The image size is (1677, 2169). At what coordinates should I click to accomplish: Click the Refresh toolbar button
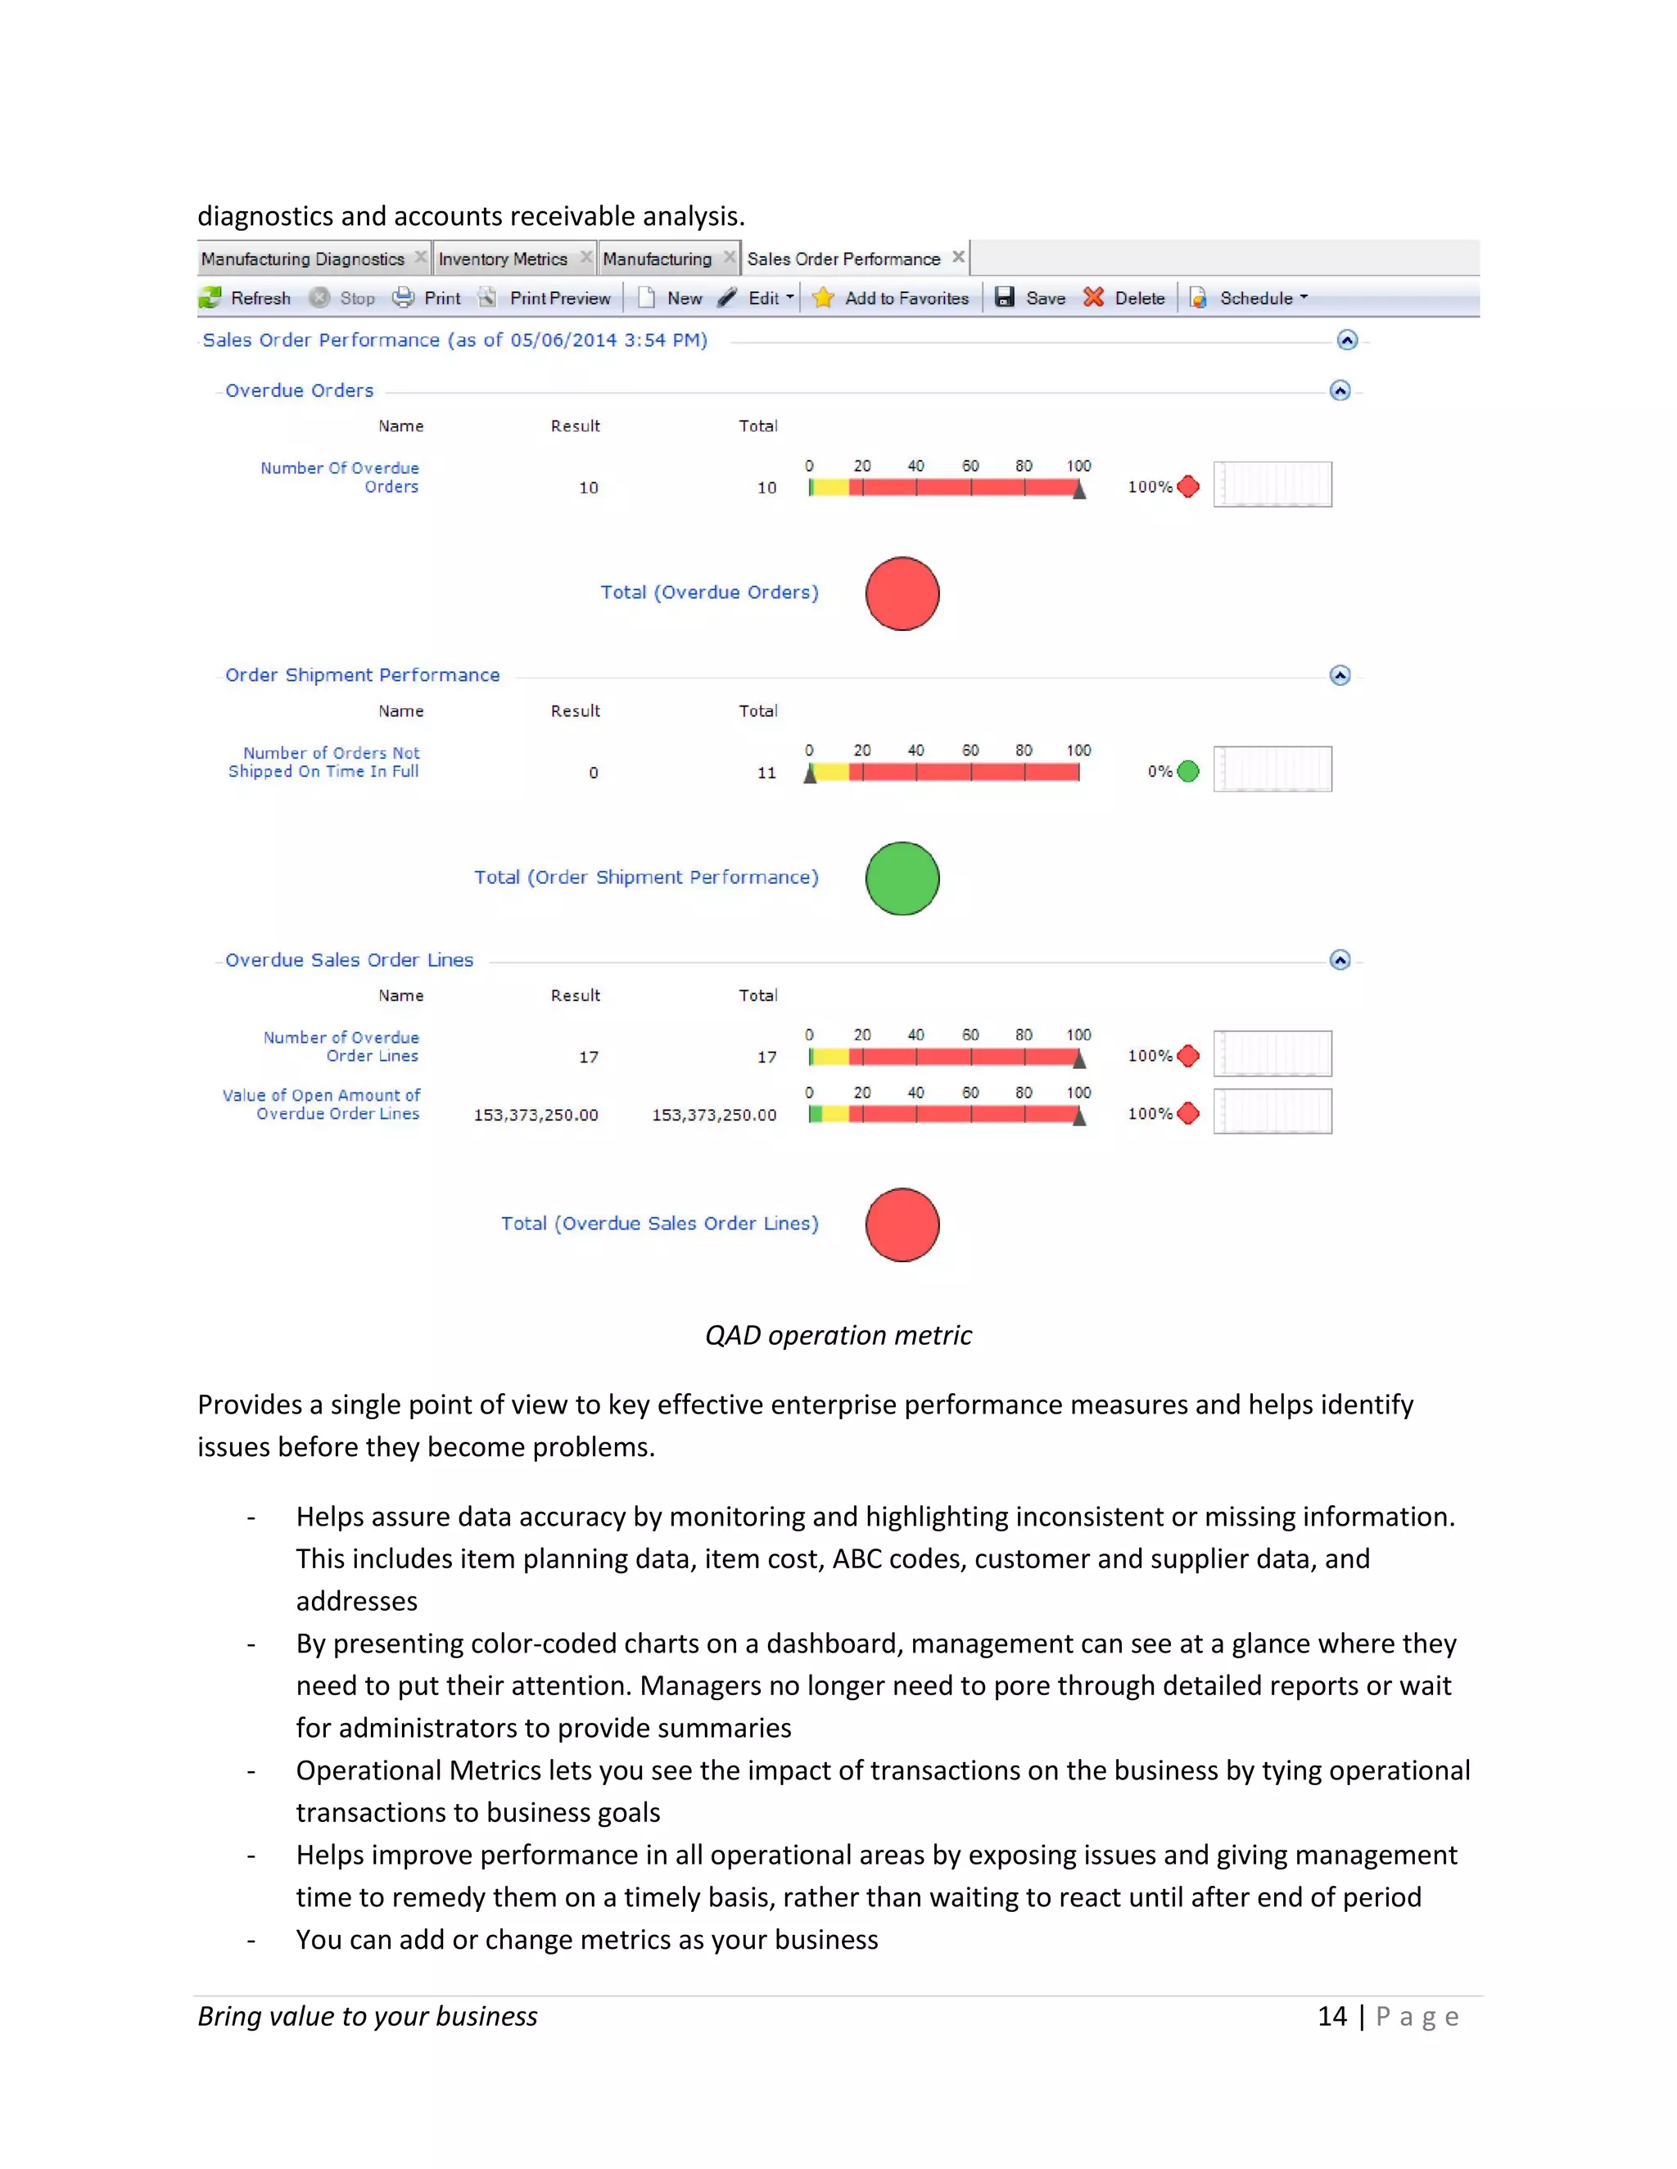[246, 298]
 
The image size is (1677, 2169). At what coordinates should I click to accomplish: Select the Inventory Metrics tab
[503, 259]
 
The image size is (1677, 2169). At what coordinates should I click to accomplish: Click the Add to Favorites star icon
[823, 298]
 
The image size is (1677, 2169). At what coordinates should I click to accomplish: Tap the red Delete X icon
[1094, 298]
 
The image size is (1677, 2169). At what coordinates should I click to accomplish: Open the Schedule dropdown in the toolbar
[1256, 298]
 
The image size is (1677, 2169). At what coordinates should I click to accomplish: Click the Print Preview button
[559, 298]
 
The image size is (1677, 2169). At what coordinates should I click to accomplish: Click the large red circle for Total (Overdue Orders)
[902, 594]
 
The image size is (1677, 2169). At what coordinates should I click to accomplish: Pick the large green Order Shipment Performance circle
[902, 878]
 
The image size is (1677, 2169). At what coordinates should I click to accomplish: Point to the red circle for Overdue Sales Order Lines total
[902, 1224]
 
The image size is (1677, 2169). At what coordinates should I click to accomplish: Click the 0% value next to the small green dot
[1159, 772]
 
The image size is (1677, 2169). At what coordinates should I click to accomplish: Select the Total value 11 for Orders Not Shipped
[766, 773]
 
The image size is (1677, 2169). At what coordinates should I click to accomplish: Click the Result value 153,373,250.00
[536, 1116]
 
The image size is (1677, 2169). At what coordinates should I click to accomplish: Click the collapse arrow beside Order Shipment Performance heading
[1340, 675]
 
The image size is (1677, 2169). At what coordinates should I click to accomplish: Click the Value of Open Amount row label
[321, 1104]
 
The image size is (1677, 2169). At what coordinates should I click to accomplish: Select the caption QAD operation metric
[838, 1335]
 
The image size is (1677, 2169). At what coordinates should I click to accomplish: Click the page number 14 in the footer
[1331, 2016]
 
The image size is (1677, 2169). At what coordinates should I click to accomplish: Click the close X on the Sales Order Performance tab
[959, 257]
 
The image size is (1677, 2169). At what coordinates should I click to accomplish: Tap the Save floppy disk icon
[1005, 298]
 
